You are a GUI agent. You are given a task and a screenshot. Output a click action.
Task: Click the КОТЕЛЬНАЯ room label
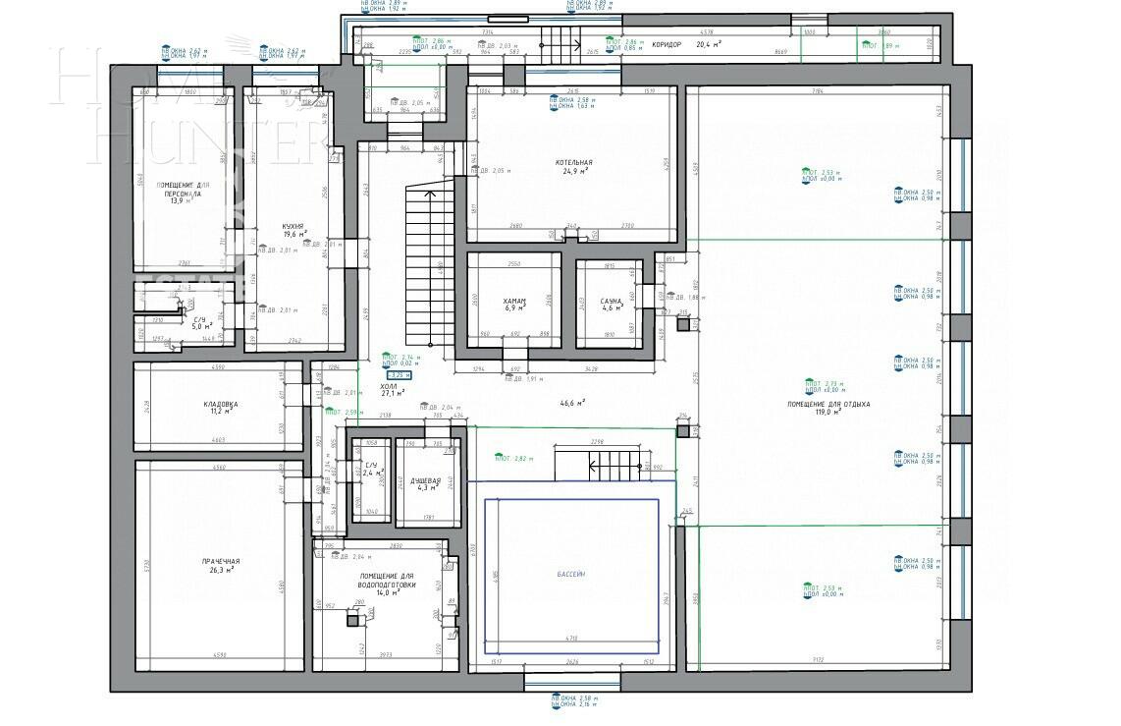click(x=573, y=162)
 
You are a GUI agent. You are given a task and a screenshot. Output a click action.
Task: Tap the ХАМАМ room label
click(x=515, y=301)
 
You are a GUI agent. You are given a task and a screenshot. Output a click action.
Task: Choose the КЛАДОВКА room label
click(x=221, y=404)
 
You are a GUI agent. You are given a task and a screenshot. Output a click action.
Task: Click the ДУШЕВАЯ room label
click(x=426, y=479)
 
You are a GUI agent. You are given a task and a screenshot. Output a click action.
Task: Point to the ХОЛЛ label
click(x=389, y=386)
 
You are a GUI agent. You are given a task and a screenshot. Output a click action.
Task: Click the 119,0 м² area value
click(x=817, y=414)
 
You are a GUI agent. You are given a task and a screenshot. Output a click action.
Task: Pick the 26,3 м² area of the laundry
click(x=221, y=570)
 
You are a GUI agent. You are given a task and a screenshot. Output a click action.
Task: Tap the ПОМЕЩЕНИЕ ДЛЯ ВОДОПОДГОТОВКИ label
click(x=387, y=581)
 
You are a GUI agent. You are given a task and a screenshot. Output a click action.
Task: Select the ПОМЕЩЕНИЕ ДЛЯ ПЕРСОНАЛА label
click(x=183, y=189)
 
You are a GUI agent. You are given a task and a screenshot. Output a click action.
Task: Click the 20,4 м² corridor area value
click(x=710, y=44)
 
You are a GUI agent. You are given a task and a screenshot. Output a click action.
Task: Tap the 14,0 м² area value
click(x=387, y=592)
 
